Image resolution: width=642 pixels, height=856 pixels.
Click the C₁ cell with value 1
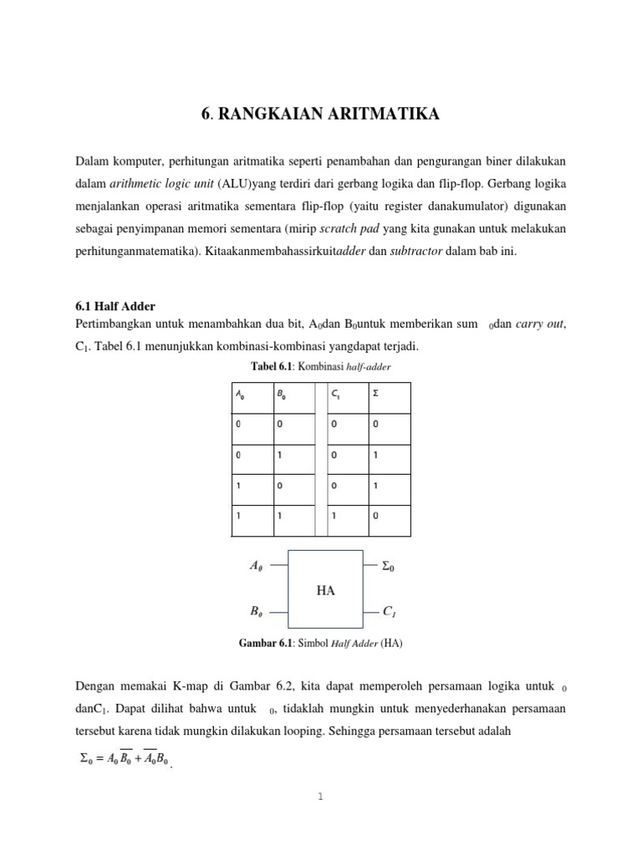334,516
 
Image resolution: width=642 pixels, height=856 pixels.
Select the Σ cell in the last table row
375,516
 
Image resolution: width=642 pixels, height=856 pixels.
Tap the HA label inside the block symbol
326,590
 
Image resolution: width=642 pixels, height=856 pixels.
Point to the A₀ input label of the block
256,566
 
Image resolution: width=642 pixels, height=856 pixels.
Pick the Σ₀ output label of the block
388,566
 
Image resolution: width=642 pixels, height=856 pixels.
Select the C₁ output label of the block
389,613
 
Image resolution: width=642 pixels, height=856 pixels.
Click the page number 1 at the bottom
320,797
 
